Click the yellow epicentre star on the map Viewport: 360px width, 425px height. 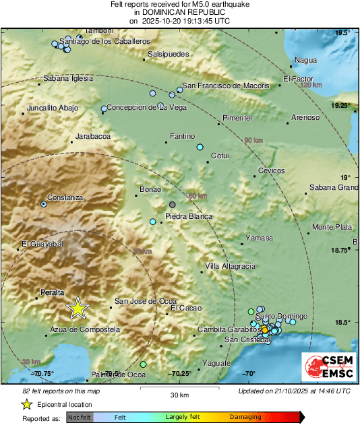[78, 307]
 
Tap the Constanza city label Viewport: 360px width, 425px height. [65, 197]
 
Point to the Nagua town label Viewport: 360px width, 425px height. [305, 60]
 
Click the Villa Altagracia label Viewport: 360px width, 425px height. [230, 266]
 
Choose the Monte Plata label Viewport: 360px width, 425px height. [333, 226]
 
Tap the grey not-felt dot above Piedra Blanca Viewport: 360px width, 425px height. [173, 205]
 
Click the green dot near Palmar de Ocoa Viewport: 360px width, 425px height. [143, 364]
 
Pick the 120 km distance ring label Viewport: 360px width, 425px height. [311, 86]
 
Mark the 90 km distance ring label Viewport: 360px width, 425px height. [253, 140]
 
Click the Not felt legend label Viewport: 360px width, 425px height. [78, 418]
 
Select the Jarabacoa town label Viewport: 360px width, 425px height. [92, 136]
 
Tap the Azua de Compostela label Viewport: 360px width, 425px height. [85, 329]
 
